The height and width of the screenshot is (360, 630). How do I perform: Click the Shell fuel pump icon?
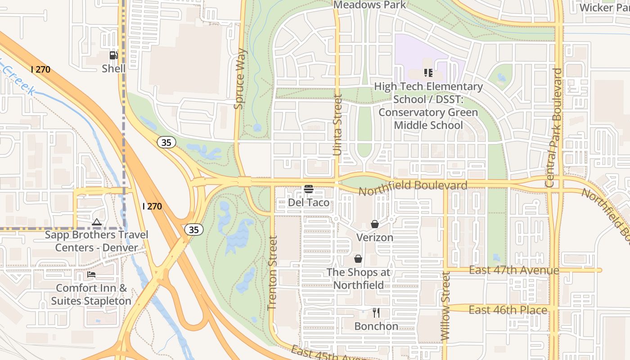click(x=113, y=55)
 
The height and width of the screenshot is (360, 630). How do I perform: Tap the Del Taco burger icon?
click(x=309, y=189)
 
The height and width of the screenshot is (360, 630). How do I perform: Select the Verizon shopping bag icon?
click(x=374, y=224)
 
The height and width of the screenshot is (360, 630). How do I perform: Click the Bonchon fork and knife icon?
click(x=376, y=313)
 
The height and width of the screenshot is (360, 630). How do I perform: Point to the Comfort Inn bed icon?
click(x=91, y=274)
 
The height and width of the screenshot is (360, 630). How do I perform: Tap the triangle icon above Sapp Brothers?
click(x=97, y=222)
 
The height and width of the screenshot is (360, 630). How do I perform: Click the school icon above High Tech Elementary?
click(x=428, y=72)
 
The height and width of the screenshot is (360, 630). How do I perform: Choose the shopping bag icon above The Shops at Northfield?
click(x=358, y=259)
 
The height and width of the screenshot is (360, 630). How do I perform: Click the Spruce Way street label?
click(x=240, y=79)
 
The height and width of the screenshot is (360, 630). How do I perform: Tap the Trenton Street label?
click(x=272, y=273)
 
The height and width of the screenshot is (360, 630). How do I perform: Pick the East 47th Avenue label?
click(x=514, y=270)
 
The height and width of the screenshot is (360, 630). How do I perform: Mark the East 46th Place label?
click(x=508, y=310)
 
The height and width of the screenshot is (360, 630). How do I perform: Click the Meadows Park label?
click(x=369, y=5)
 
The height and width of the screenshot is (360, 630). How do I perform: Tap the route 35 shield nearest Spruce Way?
click(x=166, y=142)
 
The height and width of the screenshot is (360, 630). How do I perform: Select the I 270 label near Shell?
click(x=40, y=69)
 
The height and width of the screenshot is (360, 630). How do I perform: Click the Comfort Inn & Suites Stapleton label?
click(x=91, y=294)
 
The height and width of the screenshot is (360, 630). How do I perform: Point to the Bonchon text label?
click(x=376, y=326)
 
